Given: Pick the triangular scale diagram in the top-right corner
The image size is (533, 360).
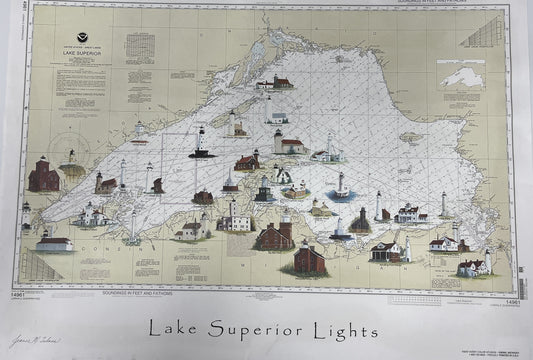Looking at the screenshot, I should tap(485, 34).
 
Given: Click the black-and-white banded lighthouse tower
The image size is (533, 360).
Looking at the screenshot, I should tap(202, 143).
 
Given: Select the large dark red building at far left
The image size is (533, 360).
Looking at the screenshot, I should tap(43, 176).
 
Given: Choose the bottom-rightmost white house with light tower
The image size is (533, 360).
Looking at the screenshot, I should tap(472, 265).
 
